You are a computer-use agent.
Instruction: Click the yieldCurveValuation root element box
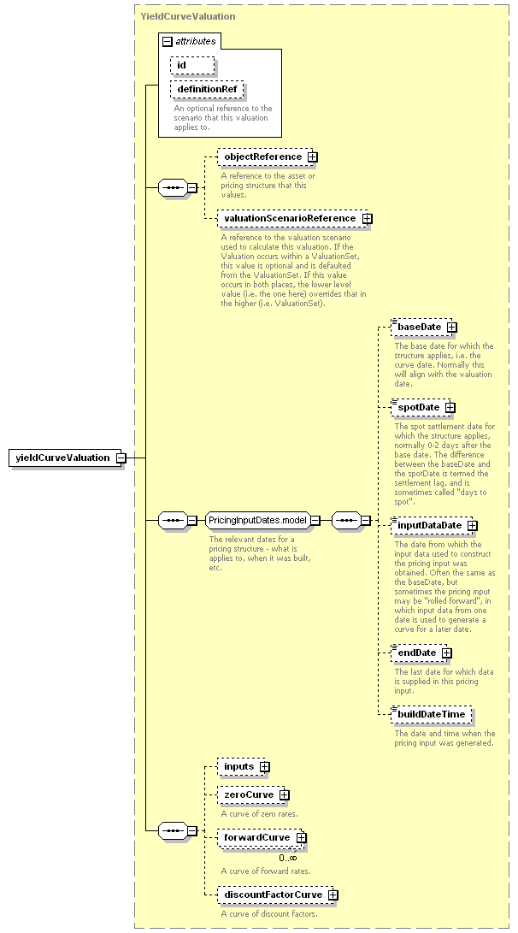(65, 458)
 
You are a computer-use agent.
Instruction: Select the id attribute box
(192, 65)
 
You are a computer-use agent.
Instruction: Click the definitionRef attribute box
(206, 89)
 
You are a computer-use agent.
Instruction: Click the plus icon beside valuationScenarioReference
(368, 218)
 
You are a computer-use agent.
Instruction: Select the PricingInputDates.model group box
(257, 520)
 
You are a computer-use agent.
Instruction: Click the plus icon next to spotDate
(450, 408)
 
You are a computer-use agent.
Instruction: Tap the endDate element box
(419, 653)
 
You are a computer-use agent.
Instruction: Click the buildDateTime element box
(432, 715)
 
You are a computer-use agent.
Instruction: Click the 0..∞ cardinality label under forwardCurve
(288, 858)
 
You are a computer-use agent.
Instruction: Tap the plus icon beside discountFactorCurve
(333, 895)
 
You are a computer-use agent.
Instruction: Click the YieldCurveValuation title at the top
(188, 16)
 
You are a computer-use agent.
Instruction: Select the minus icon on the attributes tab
(168, 42)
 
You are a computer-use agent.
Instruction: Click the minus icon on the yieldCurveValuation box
(121, 458)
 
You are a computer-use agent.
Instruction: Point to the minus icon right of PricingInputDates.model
(315, 520)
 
